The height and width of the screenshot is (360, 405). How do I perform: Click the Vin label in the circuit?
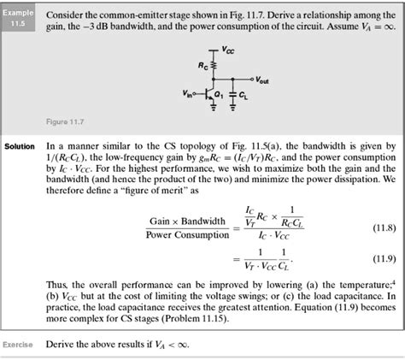click(x=187, y=88)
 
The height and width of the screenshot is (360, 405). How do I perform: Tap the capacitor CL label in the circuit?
click(x=248, y=93)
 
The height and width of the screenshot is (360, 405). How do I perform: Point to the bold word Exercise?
click(x=18, y=344)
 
